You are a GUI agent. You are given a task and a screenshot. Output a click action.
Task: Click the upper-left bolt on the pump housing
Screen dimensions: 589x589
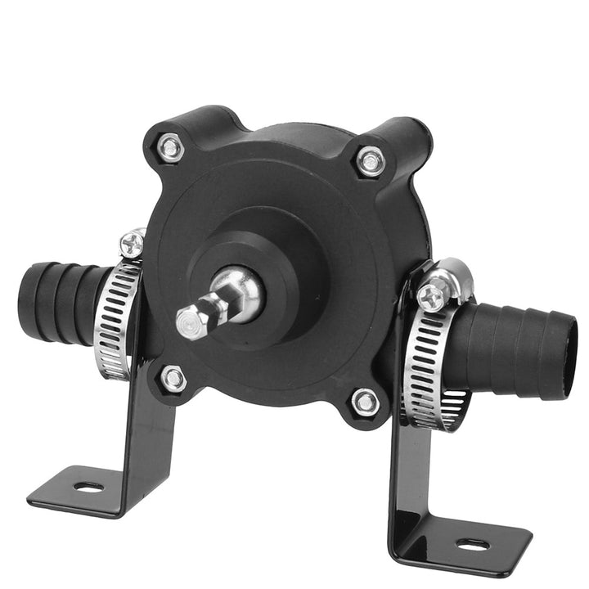170,148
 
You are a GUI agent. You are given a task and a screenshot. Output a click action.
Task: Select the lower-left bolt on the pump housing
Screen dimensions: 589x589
173,378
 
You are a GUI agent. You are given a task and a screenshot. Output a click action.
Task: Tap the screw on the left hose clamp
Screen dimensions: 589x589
131,243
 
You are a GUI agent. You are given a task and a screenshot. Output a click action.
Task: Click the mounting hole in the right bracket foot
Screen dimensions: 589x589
472,543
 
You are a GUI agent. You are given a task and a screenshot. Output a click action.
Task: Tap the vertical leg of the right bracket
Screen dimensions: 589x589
409,483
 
